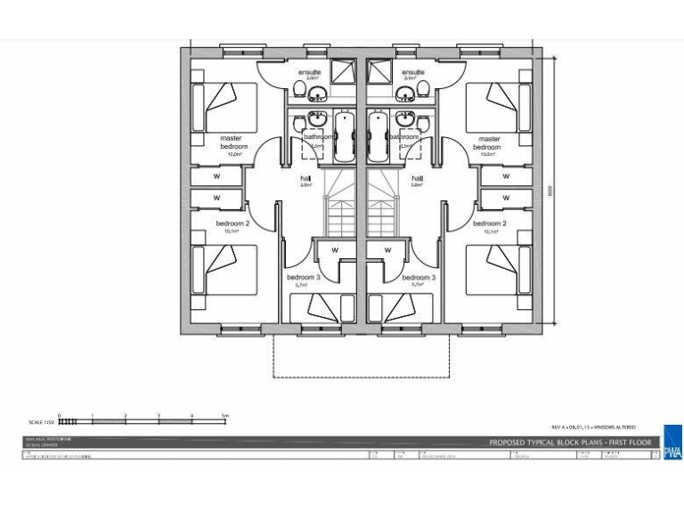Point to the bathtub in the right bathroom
[375, 135]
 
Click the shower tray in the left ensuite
[343, 71]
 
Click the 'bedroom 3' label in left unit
[305, 278]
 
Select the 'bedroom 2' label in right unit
[490, 224]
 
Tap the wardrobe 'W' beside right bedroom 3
[388, 250]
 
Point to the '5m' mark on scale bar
[225, 415]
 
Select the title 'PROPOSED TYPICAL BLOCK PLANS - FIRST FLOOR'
[570, 443]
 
